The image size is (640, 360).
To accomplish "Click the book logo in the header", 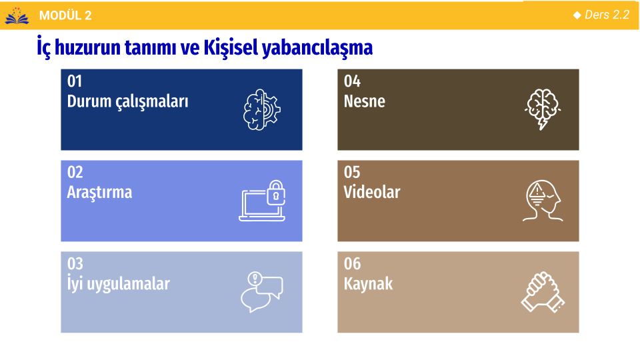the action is point(17,15).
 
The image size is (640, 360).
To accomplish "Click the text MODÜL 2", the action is point(65,15).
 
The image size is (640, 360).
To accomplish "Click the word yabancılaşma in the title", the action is point(317,48).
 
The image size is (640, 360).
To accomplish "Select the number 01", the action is point(75,81).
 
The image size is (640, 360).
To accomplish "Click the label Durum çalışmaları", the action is point(128,101).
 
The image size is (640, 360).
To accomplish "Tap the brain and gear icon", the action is point(261,110).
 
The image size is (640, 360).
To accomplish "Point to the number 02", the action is point(75,172).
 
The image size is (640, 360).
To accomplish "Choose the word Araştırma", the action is point(99,192).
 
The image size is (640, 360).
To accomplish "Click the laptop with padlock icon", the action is point(262,201).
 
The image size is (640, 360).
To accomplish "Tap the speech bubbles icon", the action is point(261,292).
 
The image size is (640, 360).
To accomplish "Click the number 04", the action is point(352,81).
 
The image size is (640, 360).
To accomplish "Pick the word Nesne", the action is point(365,101).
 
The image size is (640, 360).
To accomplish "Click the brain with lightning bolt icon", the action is point(543,109).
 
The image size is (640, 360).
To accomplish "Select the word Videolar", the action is point(372,192).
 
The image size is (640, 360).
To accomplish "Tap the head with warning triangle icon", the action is point(543,201).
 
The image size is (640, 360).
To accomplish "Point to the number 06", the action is point(352,264).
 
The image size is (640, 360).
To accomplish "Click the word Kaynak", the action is point(368,284).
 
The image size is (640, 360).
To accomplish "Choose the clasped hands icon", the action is point(543,292).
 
